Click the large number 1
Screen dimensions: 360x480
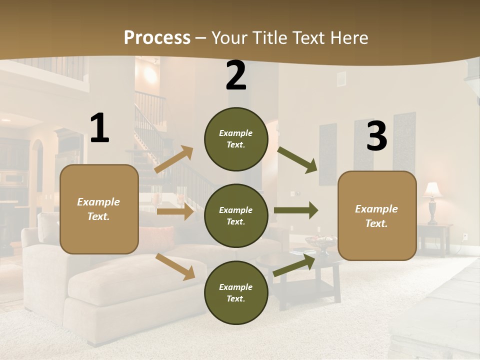pyautogui.click(x=99, y=129)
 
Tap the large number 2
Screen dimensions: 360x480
pyautogui.click(x=235, y=76)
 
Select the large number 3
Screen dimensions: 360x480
pyautogui.click(x=376, y=137)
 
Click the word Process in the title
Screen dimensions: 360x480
pyautogui.click(x=157, y=37)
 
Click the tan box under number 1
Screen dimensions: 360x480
pyautogui.click(x=99, y=209)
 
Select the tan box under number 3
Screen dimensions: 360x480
pyautogui.click(x=377, y=215)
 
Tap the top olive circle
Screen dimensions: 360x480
pyautogui.click(x=236, y=139)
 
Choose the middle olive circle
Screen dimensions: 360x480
pyautogui.click(x=236, y=215)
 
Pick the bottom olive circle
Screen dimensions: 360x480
pyautogui.click(x=236, y=292)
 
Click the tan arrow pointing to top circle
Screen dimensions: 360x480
pyautogui.click(x=173, y=160)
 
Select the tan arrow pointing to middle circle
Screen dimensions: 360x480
pyautogui.click(x=174, y=211)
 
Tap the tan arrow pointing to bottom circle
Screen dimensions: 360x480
pyautogui.click(x=175, y=266)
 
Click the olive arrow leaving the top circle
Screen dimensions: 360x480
pyautogui.click(x=297, y=160)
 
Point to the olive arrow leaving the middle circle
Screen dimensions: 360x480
pyautogui.click(x=296, y=210)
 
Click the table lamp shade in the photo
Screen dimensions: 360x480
pyautogui.click(x=433, y=190)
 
